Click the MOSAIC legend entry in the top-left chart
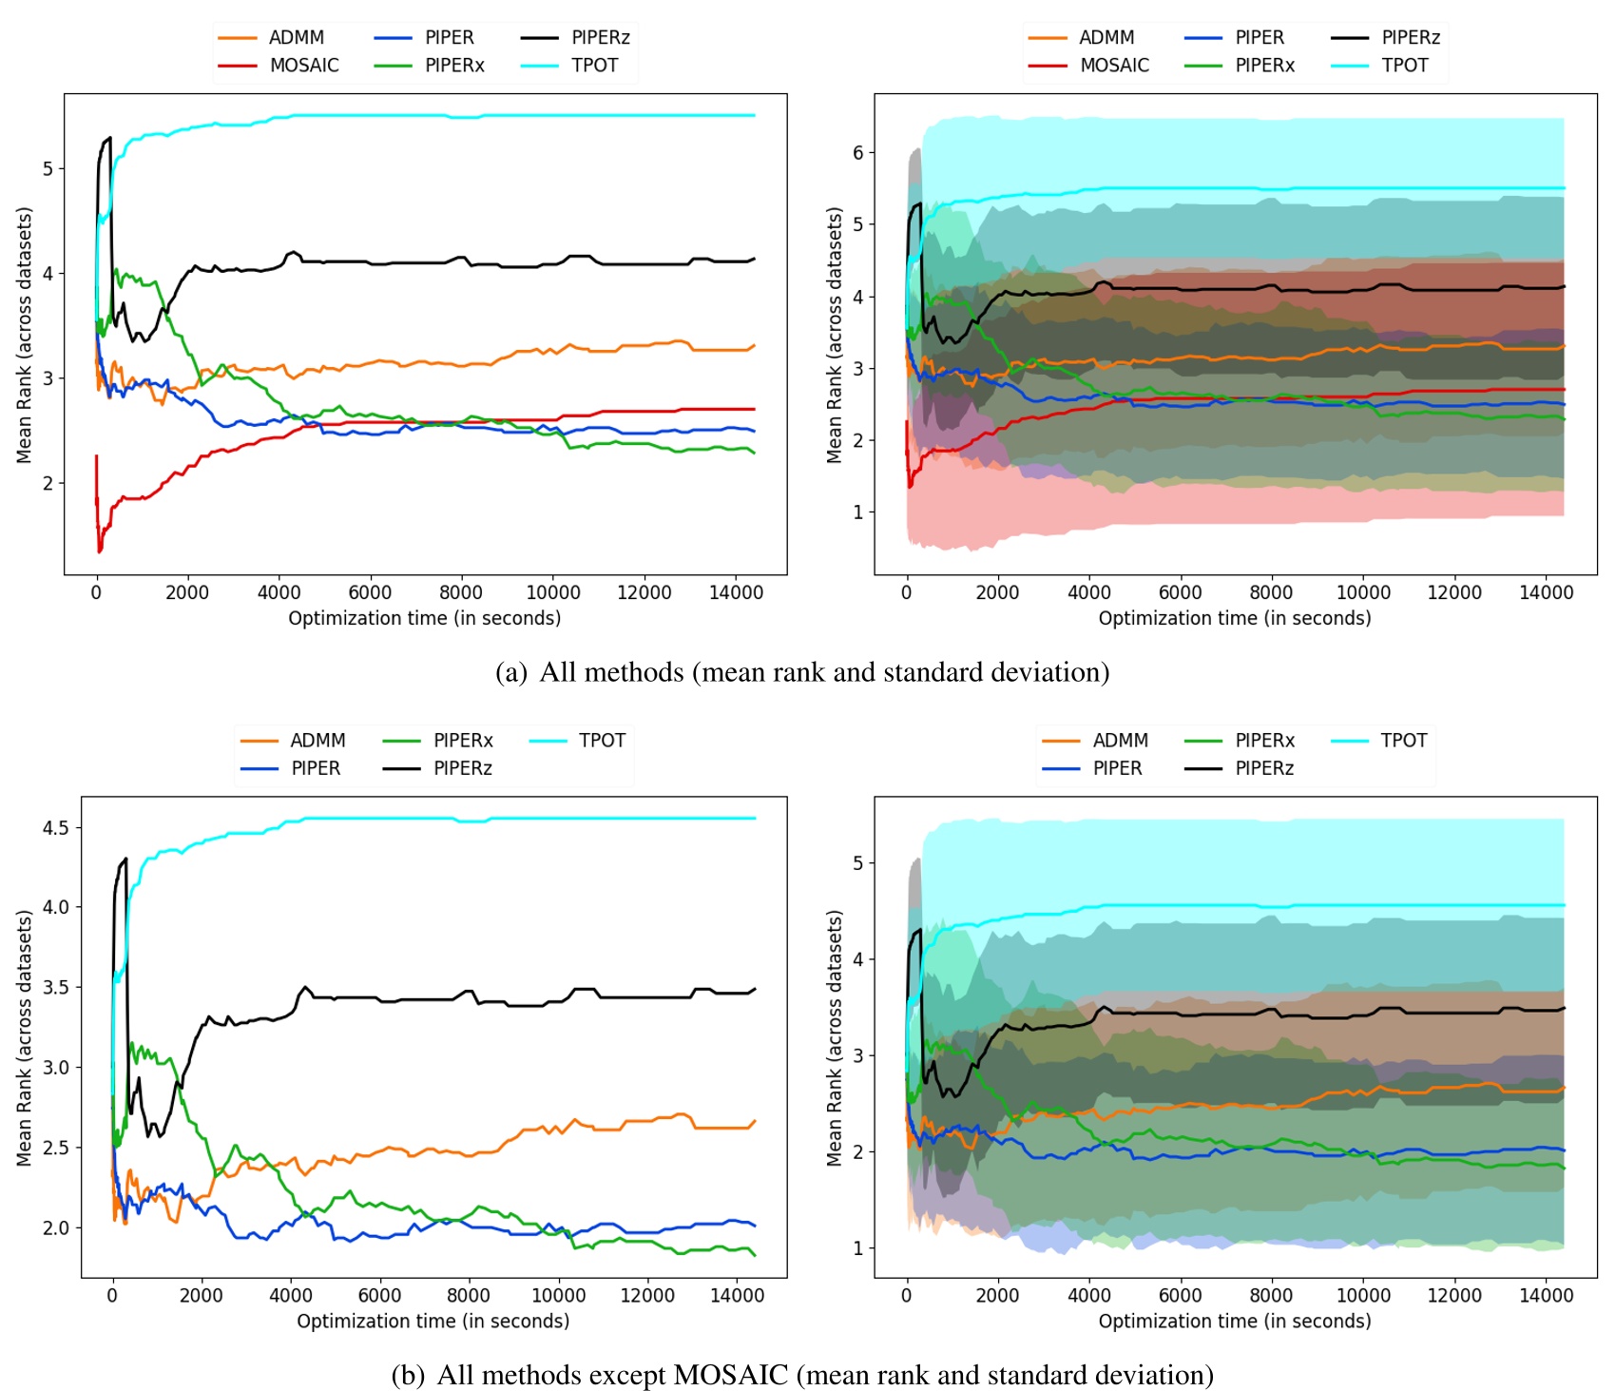point(303,66)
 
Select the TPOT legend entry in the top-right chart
point(1404,66)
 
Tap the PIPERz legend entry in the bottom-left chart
point(462,768)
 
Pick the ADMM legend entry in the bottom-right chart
point(1120,741)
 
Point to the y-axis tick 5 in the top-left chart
point(48,169)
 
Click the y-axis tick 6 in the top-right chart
point(858,153)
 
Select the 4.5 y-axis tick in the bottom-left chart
point(55,828)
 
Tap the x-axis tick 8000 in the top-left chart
point(461,592)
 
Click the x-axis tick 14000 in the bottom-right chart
point(1546,1295)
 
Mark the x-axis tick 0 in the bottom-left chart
point(112,1295)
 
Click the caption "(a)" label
point(510,673)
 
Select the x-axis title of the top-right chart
point(1234,619)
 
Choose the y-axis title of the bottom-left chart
point(25,1038)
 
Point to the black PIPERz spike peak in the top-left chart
point(110,138)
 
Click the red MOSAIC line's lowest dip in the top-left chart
point(100,551)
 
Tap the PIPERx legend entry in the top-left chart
point(454,66)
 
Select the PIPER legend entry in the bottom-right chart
point(1117,768)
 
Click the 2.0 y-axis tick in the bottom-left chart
point(55,1227)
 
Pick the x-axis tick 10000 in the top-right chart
point(1362,592)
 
